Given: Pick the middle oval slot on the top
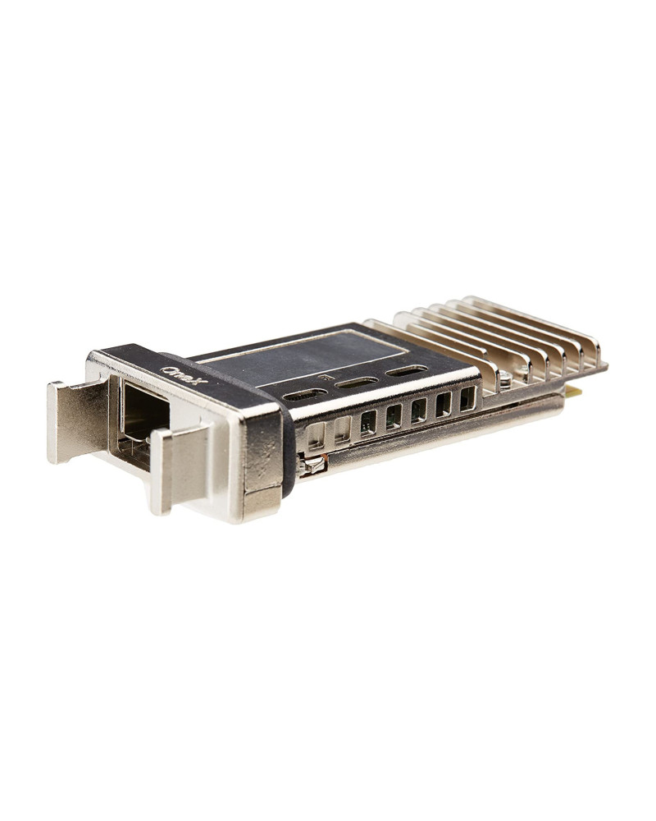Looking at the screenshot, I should pos(357,383).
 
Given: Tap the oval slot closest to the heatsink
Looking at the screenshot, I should pos(406,370).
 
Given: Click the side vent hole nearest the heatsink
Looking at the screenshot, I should pos(467,398).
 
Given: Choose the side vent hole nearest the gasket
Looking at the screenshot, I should pos(316,435).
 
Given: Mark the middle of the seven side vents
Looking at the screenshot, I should pos(394,416).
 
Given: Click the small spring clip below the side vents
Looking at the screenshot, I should pos(313,466).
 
